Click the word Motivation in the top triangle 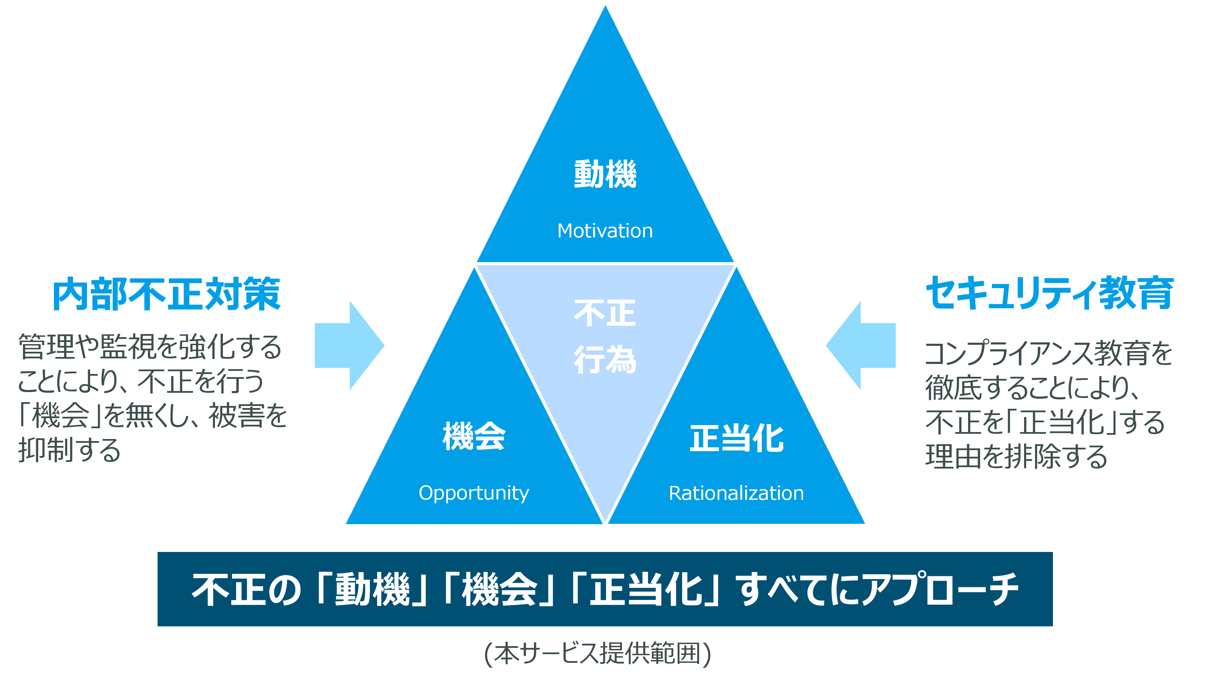click(x=605, y=231)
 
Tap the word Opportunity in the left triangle click(x=474, y=493)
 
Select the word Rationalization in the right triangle click(x=736, y=493)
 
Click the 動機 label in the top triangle click(x=605, y=174)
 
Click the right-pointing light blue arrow click(x=349, y=345)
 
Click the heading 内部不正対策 click(x=166, y=294)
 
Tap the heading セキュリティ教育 click(x=1049, y=293)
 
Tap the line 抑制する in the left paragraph click(x=70, y=450)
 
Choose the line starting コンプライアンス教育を click(x=1048, y=353)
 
